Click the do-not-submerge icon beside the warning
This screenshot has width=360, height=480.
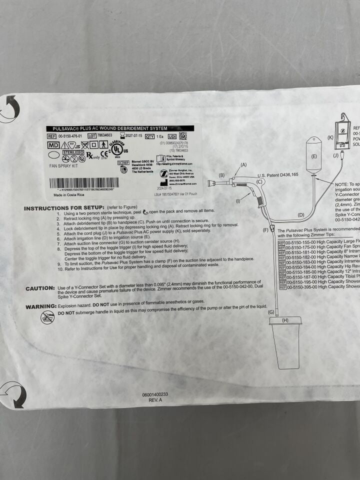47,316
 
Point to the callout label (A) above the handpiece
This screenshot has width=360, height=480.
244,164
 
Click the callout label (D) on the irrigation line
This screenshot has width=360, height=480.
300,214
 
